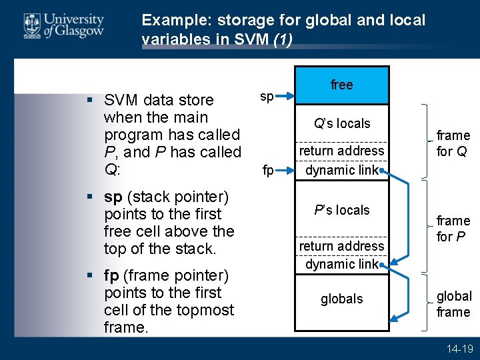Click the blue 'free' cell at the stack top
(x=341, y=85)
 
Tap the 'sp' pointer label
(x=267, y=97)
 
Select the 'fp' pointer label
(x=268, y=171)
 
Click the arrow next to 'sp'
(x=285, y=97)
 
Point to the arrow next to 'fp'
(x=285, y=171)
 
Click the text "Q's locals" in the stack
(x=342, y=123)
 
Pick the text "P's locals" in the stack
(x=342, y=210)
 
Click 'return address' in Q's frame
(x=341, y=151)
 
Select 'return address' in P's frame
(x=341, y=246)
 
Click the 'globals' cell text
(x=341, y=299)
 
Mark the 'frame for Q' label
(x=453, y=143)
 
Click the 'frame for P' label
(x=453, y=229)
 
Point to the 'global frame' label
(x=454, y=304)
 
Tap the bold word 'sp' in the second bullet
(x=113, y=197)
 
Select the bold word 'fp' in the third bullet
(x=113, y=275)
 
